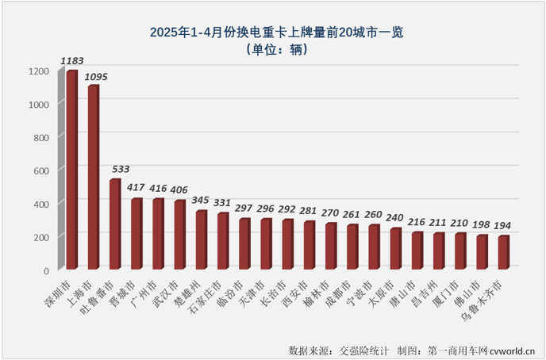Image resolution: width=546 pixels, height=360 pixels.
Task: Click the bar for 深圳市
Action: pyautogui.click(x=71, y=170)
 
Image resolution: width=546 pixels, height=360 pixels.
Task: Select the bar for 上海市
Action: pyautogui.click(x=93, y=178)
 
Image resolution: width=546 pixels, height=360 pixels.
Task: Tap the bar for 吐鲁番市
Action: pyautogui.click(x=114, y=225)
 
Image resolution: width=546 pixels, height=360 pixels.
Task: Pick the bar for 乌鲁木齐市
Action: pyautogui.click(x=503, y=253)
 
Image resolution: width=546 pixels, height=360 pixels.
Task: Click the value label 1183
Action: pyautogui.click(x=72, y=60)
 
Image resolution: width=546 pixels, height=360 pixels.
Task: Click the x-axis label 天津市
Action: pyautogui.click(x=259, y=290)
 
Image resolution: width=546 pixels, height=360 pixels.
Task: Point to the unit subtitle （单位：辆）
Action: pyautogui.click(x=272, y=50)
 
